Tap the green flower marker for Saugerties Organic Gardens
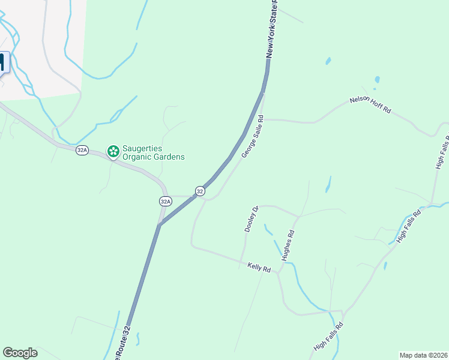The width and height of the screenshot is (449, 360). click(x=112, y=152)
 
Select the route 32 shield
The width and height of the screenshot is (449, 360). click(x=200, y=191)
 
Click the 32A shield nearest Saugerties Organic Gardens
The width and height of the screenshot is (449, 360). click(x=82, y=150)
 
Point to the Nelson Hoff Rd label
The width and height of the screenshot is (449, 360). click(x=370, y=106)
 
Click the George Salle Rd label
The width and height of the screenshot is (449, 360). click(x=252, y=137)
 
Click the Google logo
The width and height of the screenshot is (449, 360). click(x=20, y=352)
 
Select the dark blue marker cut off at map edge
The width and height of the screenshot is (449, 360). click(x=3, y=63)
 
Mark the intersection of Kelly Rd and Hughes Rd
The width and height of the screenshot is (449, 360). click(x=279, y=273)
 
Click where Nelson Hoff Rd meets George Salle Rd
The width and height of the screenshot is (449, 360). click(x=263, y=119)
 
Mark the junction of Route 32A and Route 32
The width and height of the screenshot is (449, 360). click(x=160, y=225)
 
